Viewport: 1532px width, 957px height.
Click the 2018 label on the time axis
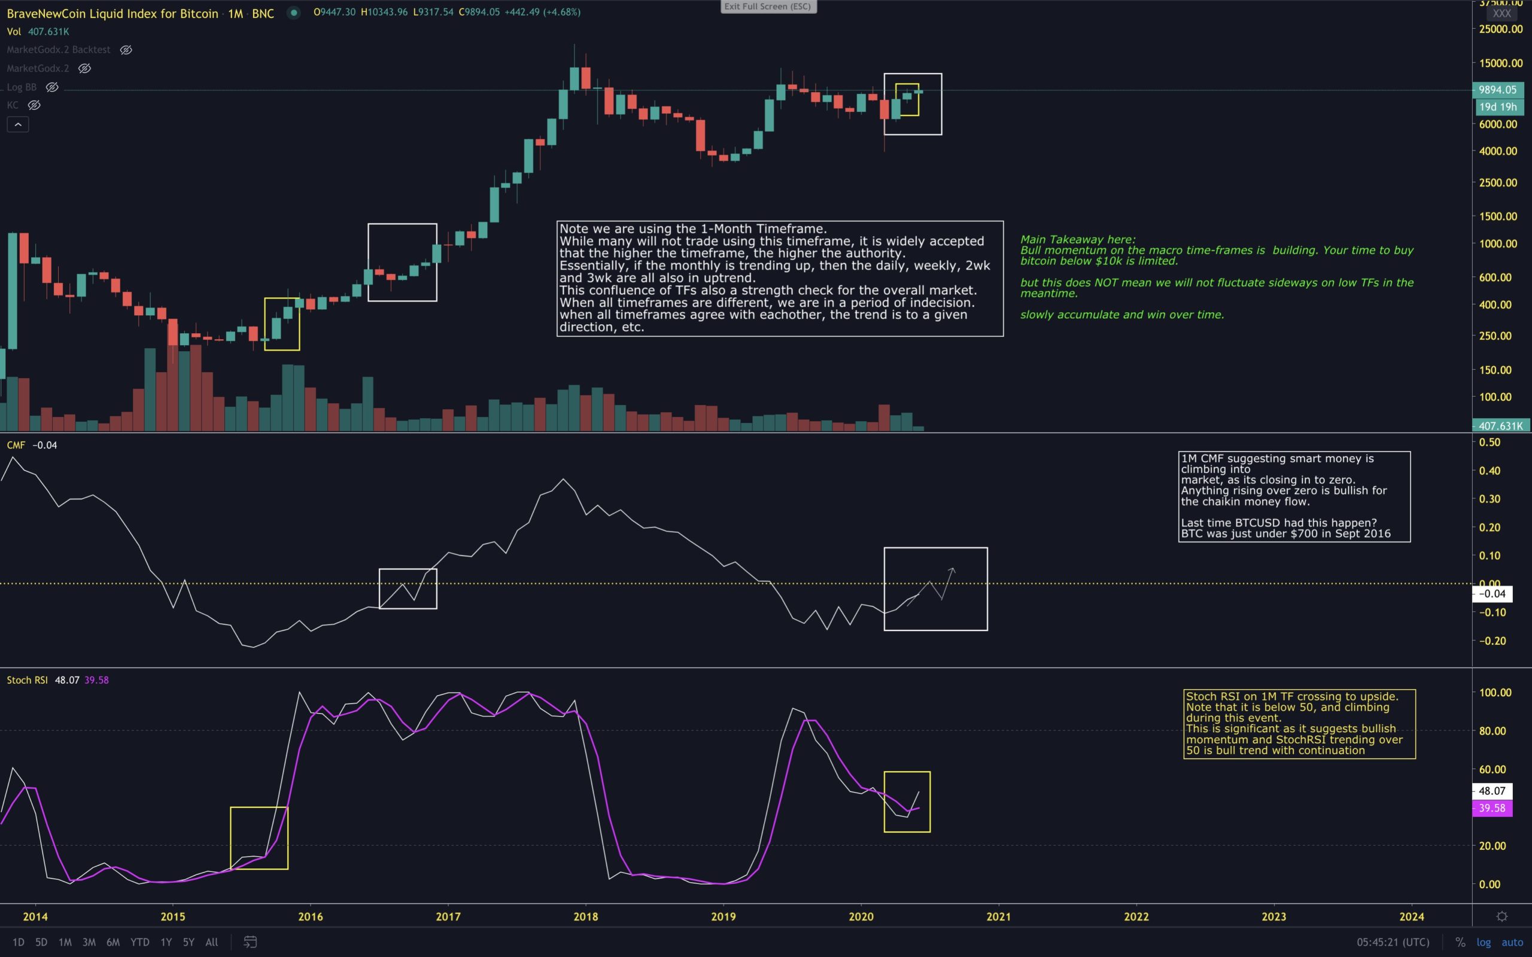(x=586, y=916)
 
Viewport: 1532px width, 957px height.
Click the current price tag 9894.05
(x=1497, y=90)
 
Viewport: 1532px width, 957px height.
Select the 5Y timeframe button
(x=189, y=942)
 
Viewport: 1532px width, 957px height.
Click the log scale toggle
(x=1484, y=942)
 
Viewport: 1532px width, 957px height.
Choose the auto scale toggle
(x=1512, y=942)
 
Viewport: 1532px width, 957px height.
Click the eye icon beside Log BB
(x=53, y=87)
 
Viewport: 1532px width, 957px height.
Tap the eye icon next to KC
(x=34, y=105)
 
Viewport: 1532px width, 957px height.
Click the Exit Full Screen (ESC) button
(x=768, y=7)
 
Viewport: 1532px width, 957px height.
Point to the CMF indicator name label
(x=16, y=445)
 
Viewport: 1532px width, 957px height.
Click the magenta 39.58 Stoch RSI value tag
(x=1492, y=808)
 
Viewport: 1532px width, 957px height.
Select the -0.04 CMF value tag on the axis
(x=1492, y=594)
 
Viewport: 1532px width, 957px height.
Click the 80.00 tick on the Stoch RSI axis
(x=1495, y=730)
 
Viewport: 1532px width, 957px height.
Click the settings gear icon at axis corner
(x=1501, y=916)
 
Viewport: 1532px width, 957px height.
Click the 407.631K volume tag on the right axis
(x=1500, y=426)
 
